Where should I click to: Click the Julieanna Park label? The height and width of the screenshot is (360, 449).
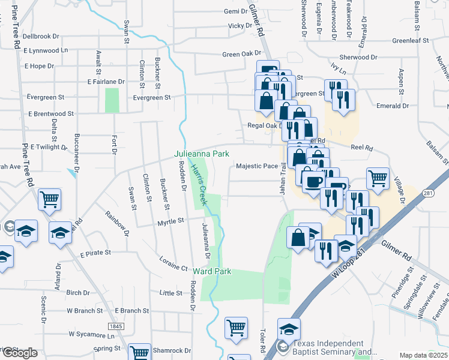coord(202,154)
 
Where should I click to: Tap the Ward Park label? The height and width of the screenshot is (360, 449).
coord(212,271)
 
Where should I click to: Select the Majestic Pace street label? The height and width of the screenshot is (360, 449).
coord(257,166)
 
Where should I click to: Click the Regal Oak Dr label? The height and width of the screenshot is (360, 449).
coord(265,126)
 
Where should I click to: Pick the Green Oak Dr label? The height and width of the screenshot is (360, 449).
coord(240,54)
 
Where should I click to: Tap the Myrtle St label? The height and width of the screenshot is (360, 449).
coord(169,221)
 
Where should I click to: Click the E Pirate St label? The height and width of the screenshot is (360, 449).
coord(95,253)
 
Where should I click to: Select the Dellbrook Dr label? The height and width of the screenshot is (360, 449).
coord(41,37)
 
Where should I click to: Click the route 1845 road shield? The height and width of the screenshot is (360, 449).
coord(116,326)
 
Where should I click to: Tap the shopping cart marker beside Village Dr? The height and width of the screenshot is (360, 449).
coord(377,178)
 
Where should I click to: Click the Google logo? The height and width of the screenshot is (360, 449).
coord(20,353)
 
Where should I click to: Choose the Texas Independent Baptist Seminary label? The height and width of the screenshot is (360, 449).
coord(335,348)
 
